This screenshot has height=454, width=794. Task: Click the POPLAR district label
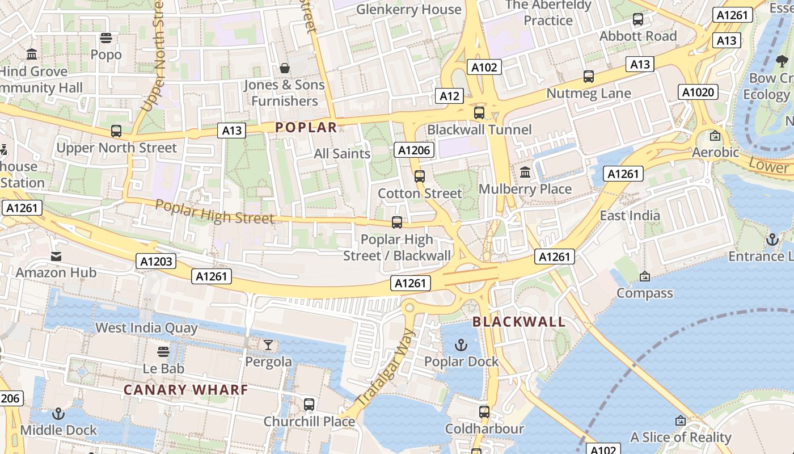click(x=306, y=127)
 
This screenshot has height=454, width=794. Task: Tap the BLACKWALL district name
click(x=519, y=322)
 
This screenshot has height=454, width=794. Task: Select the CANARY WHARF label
click(x=186, y=390)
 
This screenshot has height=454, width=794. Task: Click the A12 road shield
click(x=449, y=96)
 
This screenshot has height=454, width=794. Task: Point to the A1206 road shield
click(x=415, y=150)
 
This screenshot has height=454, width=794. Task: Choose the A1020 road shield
click(x=699, y=92)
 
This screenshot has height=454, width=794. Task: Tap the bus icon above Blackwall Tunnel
click(x=479, y=113)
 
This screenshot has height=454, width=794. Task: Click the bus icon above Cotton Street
click(x=420, y=176)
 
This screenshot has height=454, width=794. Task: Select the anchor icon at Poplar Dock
click(x=461, y=345)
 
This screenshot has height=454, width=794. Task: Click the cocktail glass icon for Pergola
click(x=268, y=345)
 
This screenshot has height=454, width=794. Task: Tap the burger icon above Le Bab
click(x=163, y=352)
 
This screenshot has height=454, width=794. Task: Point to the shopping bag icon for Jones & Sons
click(x=285, y=68)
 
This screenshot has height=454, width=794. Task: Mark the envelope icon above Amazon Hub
click(x=56, y=256)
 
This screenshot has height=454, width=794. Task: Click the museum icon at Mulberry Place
click(x=525, y=172)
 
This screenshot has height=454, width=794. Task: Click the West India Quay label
click(x=146, y=327)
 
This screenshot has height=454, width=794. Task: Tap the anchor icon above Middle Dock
click(x=58, y=414)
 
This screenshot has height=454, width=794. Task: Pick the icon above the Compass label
click(x=644, y=276)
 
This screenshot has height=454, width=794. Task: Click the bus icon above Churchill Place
click(x=309, y=405)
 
